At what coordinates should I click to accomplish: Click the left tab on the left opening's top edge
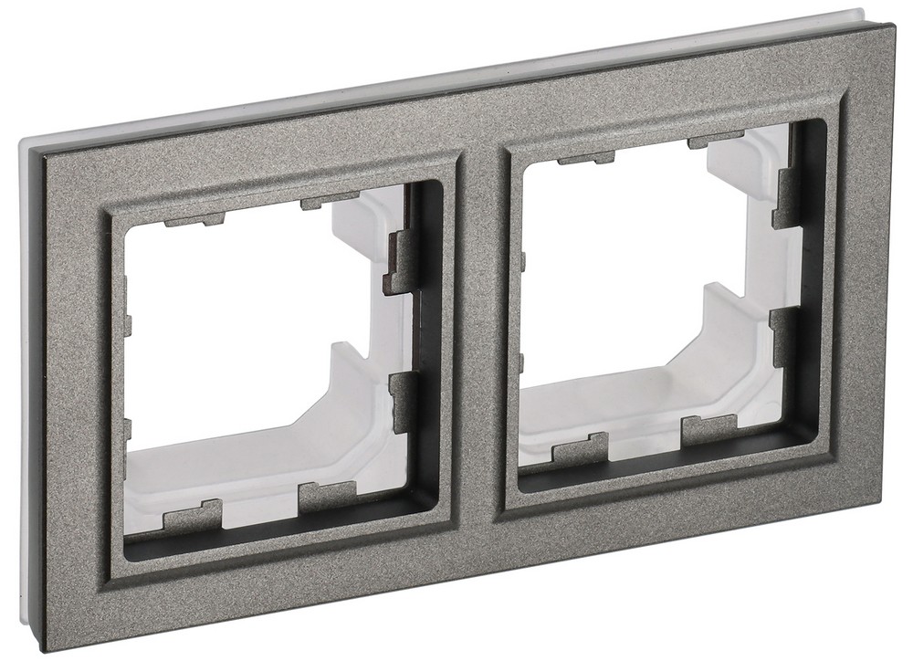(194, 219)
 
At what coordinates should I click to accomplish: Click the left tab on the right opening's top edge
(585, 159)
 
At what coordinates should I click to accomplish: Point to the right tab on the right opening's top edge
(716, 142)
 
